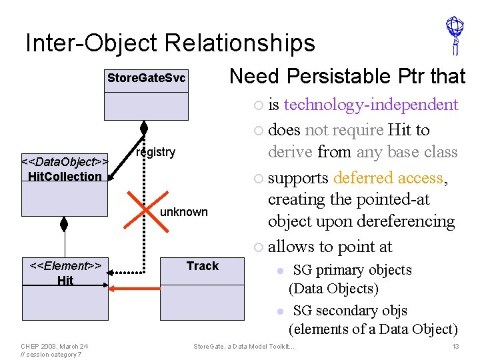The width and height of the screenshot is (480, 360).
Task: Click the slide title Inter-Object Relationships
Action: [x=170, y=43]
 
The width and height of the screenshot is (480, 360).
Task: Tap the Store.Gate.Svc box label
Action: [x=146, y=79]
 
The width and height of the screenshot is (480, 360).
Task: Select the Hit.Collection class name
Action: [x=65, y=176]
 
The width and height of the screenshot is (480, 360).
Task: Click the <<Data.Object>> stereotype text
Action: [x=65, y=162]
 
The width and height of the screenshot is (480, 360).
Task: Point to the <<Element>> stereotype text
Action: [x=65, y=266]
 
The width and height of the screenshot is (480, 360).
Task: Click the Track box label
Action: [x=203, y=266]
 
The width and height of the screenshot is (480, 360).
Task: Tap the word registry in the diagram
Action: [x=155, y=152]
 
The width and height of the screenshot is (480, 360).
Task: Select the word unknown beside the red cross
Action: [x=184, y=212]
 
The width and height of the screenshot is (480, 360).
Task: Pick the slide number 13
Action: [x=455, y=347]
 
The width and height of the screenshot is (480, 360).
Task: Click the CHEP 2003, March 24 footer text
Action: [x=54, y=346]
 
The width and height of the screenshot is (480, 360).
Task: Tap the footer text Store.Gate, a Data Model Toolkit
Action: [x=243, y=347]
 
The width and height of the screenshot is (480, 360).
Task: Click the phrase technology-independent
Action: [x=371, y=104]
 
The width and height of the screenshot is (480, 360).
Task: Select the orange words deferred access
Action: [x=389, y=178]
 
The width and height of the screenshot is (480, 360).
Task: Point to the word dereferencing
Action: [x=409, y=221]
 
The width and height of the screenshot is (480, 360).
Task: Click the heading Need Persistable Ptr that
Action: [x=347, y=77]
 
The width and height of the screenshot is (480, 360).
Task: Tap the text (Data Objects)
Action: [x=333, y=289]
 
